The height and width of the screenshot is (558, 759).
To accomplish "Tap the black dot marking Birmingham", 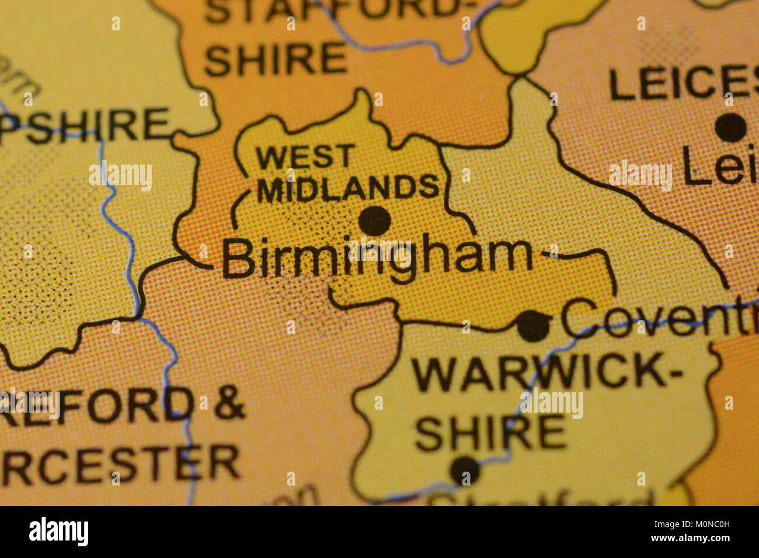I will coord(374,221).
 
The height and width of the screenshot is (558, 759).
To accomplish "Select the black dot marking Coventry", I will coord(533,326).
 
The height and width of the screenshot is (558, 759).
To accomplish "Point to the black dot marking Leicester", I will coord(730,127).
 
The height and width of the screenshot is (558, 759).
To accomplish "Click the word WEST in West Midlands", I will coord(305,158).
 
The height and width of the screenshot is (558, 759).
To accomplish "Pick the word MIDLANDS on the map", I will coord(348,188).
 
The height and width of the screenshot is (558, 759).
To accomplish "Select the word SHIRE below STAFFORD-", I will coord(276,59).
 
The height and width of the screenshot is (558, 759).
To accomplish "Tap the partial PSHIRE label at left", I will coord(85,125).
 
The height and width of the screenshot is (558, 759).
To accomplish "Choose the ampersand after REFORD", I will coord(228,402).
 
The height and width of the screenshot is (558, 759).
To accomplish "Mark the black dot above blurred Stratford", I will coord(465,470).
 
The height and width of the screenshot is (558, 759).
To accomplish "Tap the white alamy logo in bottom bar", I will coord(58,532).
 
